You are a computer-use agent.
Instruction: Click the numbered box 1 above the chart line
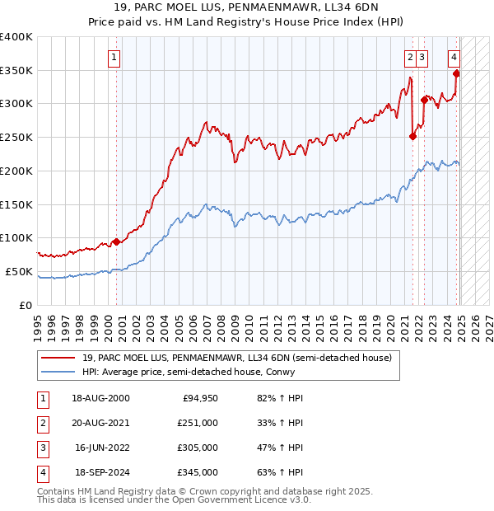pos(113,58)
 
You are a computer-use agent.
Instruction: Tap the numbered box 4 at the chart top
pos(454,58)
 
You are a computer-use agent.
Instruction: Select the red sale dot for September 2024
pos(456,73)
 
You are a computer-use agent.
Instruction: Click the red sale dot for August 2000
pos(116,241)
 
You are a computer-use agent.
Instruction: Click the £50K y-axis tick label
pos(19,272)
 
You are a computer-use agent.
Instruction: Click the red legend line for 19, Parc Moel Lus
pos(58,358)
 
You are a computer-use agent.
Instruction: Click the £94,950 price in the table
pos(198,398)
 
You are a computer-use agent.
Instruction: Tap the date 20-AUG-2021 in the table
pos(100,422)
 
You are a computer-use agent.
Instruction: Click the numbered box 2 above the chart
pos(409,58)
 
